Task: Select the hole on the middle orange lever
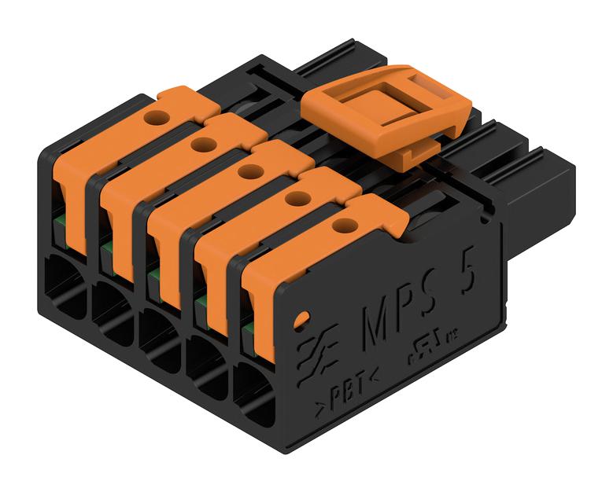pyautogui.click(x=249, y=171)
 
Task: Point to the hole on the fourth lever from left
pyautogui.click(x=295, y=198)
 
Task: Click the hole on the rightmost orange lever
pyautogui.click(x=341, y=226)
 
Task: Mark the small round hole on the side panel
pyautogui.click(x=300, y=321)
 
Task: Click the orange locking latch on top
pyautogui.click(x=386, y=114)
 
